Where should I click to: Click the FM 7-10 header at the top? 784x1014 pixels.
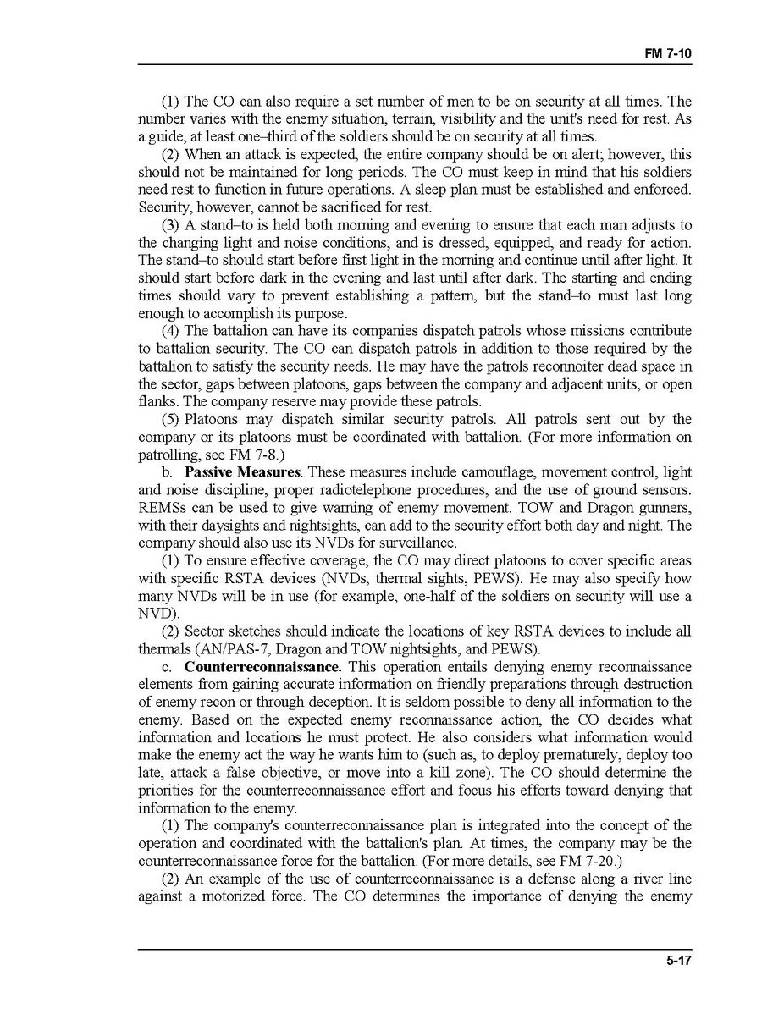point(669,52)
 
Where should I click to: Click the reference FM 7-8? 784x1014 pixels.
point(271,455)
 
